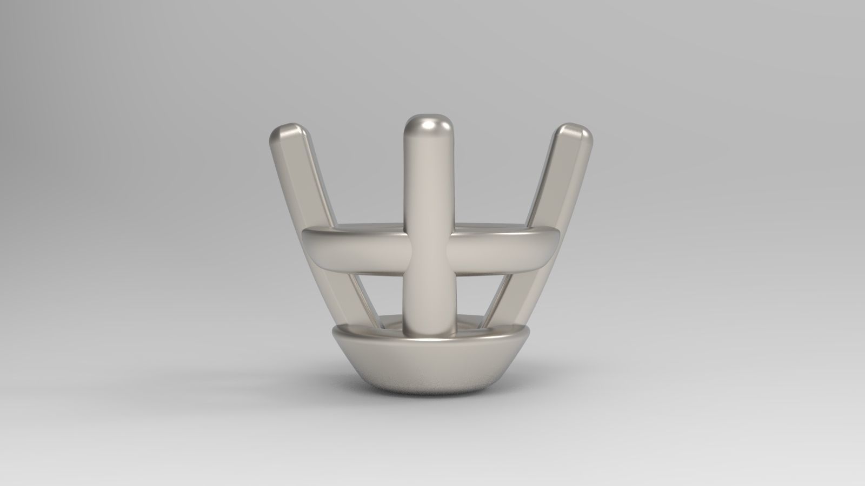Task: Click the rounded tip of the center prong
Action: tap(430, 125)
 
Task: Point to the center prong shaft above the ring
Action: tap(430, 178)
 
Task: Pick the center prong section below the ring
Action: tap(430, 297)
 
